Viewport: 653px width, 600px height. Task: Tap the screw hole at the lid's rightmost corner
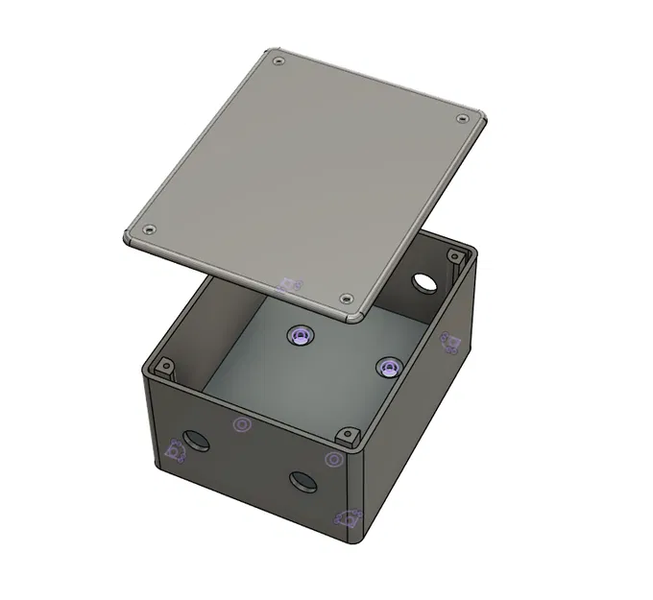pyautogui.click(x=463, y=119)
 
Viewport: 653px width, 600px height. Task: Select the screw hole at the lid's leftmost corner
pyautogui.click(x=149, y=229)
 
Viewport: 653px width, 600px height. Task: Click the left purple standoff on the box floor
pyautogui.click(x=301, y=334)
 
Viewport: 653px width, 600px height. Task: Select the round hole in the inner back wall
pyautogui.click(x=423, y=281)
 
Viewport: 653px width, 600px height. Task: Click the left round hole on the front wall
pyautogui.click(x=198, y=441)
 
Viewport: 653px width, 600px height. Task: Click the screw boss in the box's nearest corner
pyautogui.click(x=348, y=437)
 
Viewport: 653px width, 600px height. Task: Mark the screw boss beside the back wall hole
pyautogui.click(x=453, y=255)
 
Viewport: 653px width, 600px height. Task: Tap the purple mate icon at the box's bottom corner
pyautogui.click(x=348, y=519)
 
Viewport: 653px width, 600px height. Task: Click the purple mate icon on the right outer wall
pyautogui.click(x=448, y=342)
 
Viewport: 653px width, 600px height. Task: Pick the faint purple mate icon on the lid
pyautogui.click(x=291, y=285)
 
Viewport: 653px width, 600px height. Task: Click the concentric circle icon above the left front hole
pyautogui.click(x=241, y=424)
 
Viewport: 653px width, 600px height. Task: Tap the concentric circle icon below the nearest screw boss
pyautogui.click(x=333, y=460)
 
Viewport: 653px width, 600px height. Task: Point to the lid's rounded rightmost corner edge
pyautogui.click(x=484, y=123)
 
